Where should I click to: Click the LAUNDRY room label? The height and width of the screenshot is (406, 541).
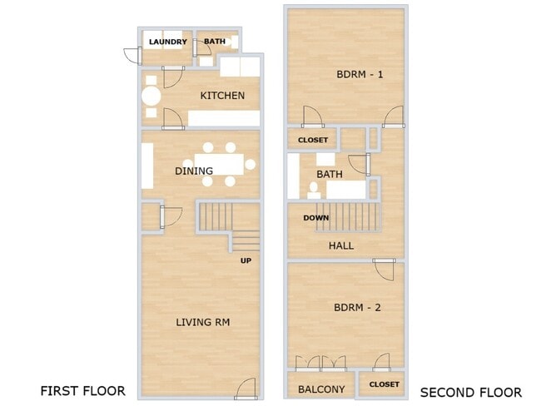pos(168,42)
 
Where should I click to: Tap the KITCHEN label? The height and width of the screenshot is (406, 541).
pos(222,96)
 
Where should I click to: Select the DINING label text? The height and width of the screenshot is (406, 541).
pos(194,171)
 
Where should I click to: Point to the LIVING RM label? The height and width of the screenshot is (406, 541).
pos(203,322)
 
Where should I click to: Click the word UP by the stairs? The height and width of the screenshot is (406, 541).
pos(246,260)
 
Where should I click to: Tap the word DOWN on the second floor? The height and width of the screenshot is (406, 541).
pos(316,218)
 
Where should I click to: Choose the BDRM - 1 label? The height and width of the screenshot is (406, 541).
pos(360,75)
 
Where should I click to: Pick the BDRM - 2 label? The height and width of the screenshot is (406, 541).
pos(357,307)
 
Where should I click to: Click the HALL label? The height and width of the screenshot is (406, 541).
pos(341,246)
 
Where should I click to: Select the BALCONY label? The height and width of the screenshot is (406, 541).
pos(321,389)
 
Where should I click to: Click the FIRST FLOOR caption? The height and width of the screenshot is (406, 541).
pos(82,391)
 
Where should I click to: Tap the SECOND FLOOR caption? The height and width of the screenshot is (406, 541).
pos(471,393)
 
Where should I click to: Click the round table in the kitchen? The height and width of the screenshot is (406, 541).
pos(151,97)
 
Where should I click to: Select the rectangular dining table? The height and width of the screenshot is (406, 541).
pos(219,164)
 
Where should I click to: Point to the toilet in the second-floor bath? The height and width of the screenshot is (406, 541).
pos(314,191)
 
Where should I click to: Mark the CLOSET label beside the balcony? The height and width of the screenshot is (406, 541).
pos(384,384)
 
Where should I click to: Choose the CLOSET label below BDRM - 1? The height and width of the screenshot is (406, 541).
pos(313,140)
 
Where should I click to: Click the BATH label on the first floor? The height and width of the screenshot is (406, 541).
pos(215,42)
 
